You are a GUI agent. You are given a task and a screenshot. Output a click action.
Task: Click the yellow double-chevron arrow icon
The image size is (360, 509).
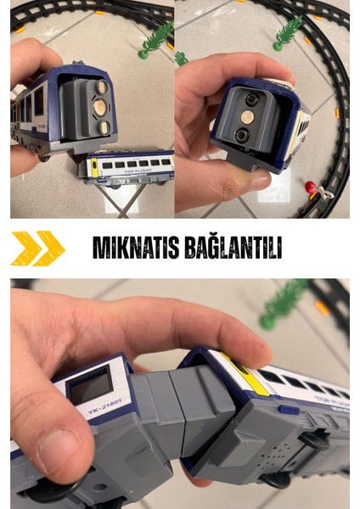coord(38,248)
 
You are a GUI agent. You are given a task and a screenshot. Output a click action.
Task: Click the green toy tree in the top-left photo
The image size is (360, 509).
coord(157,38)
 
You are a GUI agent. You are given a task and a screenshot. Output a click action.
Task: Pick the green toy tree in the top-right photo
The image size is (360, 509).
coord(287,32)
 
